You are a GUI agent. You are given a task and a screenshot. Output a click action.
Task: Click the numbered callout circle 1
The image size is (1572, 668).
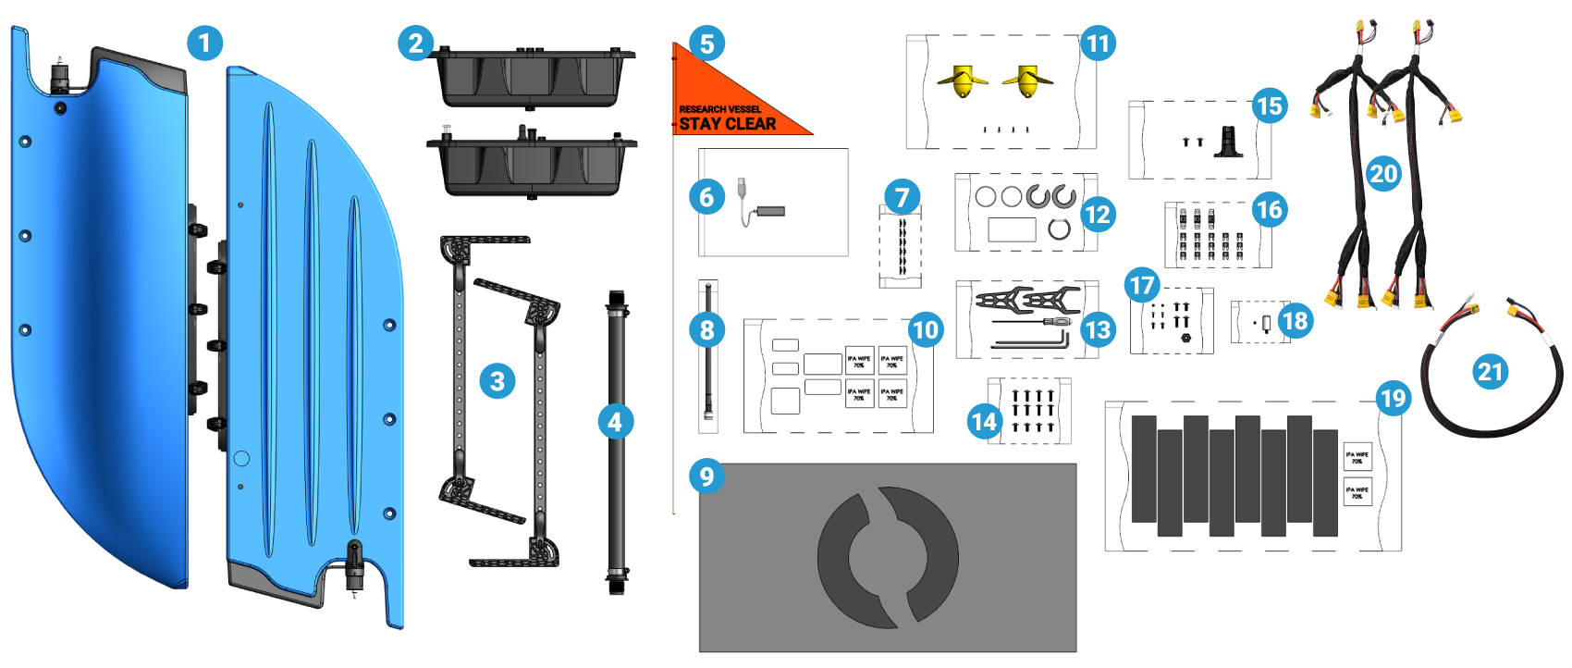[204, 43]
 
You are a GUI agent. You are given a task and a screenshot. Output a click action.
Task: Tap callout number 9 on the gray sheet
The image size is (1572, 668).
[707, 476]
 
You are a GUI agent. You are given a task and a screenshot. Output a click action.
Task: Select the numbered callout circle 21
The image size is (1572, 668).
[1490, 372]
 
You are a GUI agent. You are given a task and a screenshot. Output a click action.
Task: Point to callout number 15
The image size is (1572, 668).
[1270, 106]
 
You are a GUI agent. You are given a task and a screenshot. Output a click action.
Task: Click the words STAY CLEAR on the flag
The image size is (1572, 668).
[728, 124]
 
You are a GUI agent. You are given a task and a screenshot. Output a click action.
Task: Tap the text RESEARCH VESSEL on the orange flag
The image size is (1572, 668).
[719, 109]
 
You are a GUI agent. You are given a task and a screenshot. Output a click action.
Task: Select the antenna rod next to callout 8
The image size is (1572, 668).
[708, 370]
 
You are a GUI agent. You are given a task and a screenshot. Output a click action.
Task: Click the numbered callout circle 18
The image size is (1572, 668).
[1296, 321]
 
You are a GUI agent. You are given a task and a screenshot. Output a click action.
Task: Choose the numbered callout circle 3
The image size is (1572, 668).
[497, 381]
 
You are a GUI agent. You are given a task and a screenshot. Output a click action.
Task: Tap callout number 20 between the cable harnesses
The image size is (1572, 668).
[1383, 173]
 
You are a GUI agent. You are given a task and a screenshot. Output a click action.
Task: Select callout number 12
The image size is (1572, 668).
[1097, 215]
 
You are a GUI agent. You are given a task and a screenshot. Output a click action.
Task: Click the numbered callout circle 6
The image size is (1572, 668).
[707, 196]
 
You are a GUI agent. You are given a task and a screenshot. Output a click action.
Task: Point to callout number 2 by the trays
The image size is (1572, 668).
[416, 43]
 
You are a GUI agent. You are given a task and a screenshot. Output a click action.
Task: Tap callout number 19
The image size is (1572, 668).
[1393, 398]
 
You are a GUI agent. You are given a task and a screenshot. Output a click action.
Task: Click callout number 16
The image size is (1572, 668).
[1270, 210]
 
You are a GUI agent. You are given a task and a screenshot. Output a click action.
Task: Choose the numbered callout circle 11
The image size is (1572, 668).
[1098, 43]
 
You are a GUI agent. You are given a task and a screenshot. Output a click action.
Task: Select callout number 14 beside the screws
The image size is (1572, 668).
[984, 421]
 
